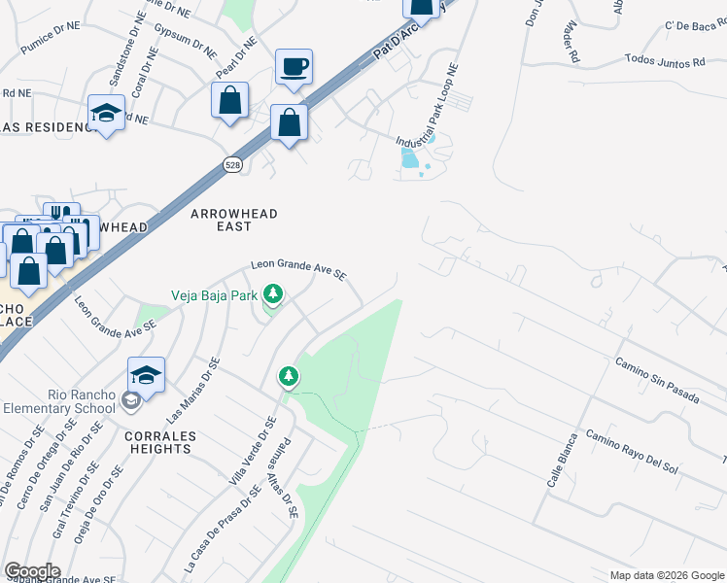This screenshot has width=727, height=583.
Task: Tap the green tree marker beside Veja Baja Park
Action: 274,293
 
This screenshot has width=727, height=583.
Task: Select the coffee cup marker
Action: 294,68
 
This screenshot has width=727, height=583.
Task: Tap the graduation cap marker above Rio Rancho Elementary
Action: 146,375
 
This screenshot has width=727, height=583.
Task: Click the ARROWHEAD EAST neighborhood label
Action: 233,220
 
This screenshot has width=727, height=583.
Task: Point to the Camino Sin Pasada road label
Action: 656,375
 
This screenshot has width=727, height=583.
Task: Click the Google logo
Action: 32,571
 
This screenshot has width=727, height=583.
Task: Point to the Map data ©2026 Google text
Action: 667,575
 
